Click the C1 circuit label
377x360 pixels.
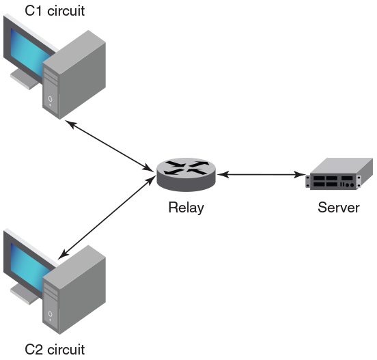pyautogui.click(x=55, y=11)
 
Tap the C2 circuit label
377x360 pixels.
pyautogui.click(x=55, y=350)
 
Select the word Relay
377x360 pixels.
pyautogui.click(x=186, y=208)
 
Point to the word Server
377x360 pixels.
pyautogui.click(x=339, y=207)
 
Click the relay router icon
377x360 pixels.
pyautogui.click(x=186, y=175)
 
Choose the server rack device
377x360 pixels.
pyautogui.click(x=339, y=174)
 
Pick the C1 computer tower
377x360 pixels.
pyautogui.click(x=74, y=74)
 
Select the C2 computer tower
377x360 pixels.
pyautogui.click(x=74, y=290)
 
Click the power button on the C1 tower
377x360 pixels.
pyautogui.click(x=50, y=99)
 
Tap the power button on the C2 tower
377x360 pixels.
pyautogui.click(x=50, y=314)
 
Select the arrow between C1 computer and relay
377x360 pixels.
pyautogui.click(x=110, y=146)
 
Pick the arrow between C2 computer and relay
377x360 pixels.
pyautogui.click(x=107, y=218)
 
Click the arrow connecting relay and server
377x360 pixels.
pyautogui.click(x=261, y=175)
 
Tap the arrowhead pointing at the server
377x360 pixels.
pyautogui.click(x=300, y=175)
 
